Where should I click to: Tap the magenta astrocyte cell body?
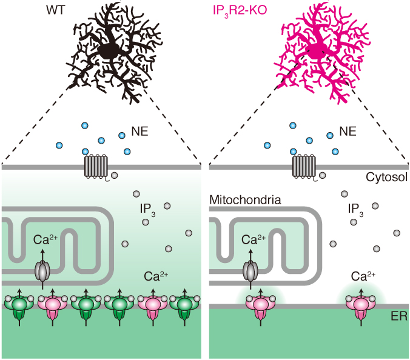316,51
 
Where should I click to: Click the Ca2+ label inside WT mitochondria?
46,240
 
